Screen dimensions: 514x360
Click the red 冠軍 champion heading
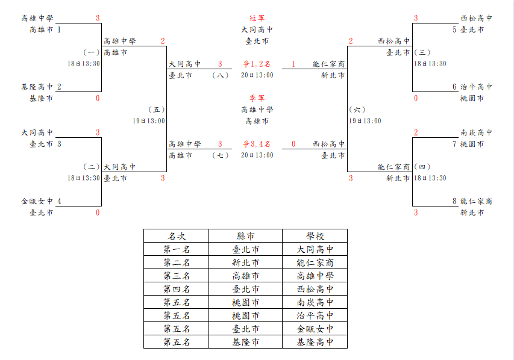tap(257, 18)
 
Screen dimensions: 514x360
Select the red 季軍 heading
tap(257, 98)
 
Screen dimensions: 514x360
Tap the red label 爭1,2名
tap(257, 64)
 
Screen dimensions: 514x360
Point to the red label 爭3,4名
tap(257, 144)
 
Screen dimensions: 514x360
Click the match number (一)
tap(91, 52)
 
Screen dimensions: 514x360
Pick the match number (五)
tap(156, 110)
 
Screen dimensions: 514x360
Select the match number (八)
tap(221, 75)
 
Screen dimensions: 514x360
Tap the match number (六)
tap(357, 110)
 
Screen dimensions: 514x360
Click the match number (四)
tap(422, 167)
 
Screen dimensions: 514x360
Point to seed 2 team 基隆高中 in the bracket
tap(37, 87)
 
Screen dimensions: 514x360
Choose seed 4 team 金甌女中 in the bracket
tap(37, 201)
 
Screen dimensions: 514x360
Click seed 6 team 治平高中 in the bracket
tap(476, 87)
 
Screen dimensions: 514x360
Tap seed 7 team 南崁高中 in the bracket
tap(476, 132)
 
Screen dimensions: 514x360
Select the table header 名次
tap(177, 236)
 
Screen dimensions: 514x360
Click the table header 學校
tap(315, 236)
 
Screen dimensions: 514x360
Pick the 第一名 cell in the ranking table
tap(177, 249)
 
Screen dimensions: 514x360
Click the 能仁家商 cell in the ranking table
tap(315, 262)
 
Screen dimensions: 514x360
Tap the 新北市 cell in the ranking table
tap(245, 262)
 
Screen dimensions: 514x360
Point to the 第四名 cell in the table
tap(177, 289)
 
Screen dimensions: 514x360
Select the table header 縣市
tap(245, 236)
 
